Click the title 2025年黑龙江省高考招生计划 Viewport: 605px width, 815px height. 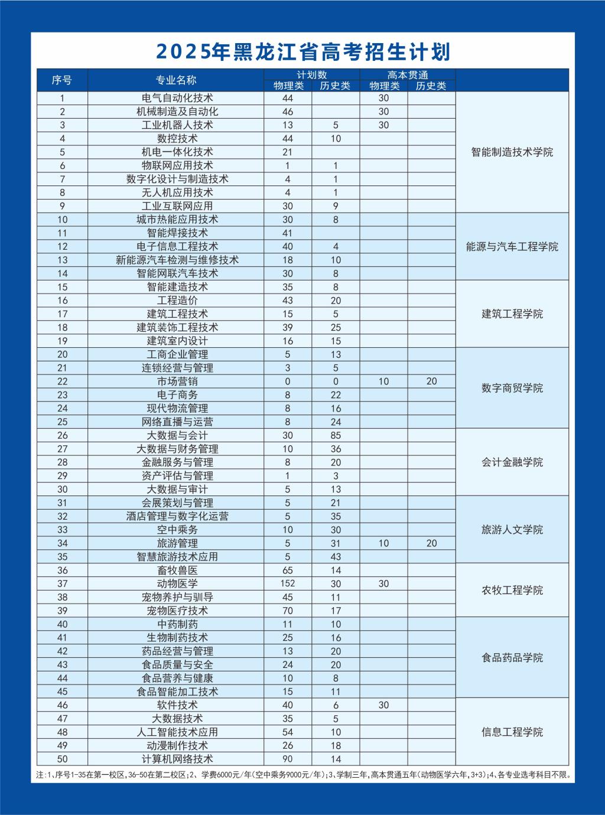click(302, 52)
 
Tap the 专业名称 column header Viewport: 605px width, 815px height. click(175, 80)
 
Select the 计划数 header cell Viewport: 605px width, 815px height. click(311, 75)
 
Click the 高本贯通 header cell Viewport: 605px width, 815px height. click(408, 75)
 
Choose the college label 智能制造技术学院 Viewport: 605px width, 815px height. click(512, 152)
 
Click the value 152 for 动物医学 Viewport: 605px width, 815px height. click(288, 583)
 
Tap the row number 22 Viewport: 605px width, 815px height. click(63, 382)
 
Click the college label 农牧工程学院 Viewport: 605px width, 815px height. click(512, 591)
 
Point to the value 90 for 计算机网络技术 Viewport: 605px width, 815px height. click(288, 759)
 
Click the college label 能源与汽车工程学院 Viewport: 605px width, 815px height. click(512, 247)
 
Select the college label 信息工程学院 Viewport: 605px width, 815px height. click(512, 732)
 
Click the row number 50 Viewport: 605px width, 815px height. click(63, 759)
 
